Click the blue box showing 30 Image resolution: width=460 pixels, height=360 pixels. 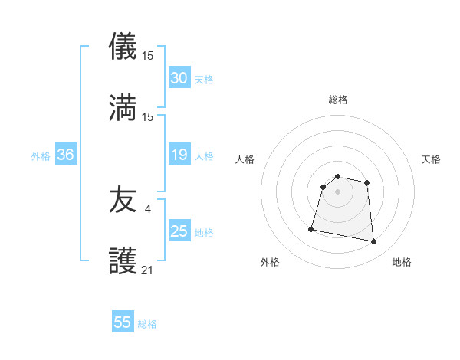point(179,78)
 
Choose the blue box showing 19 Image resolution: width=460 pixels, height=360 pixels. point(179,155)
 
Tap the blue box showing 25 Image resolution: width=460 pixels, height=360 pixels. point(179,231)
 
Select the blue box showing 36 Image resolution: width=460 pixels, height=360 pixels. point(66,155)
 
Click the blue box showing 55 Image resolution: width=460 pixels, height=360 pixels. point(123,322)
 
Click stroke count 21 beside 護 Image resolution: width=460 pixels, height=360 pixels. point(148,269)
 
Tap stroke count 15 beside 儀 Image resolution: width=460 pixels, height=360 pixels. point(148,55)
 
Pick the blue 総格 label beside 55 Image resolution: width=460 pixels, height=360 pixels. point(147,324)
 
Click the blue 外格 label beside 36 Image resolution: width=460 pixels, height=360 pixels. point(41,156)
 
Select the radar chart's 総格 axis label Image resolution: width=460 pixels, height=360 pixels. point(337,100)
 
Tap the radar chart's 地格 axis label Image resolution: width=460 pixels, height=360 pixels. point(402,262)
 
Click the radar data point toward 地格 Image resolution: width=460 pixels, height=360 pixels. point(374,242)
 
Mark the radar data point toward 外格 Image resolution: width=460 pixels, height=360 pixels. point(311,227)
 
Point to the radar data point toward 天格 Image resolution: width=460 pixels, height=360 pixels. point(367,182)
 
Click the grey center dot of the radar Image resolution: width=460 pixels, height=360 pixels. point(337,191)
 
